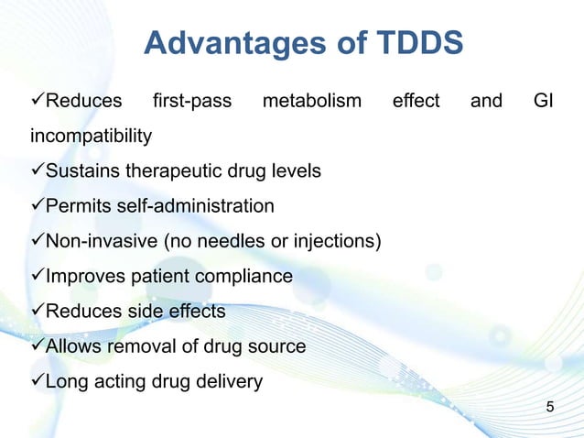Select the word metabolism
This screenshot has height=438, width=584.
(312, 101)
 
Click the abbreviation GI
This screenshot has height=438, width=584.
(543, 101)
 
